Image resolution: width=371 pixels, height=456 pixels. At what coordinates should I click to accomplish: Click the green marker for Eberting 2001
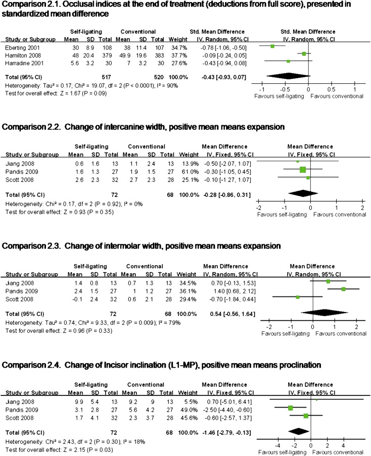pos(272,46)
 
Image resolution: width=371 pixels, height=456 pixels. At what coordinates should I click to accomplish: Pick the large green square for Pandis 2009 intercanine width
pos(302,170)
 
